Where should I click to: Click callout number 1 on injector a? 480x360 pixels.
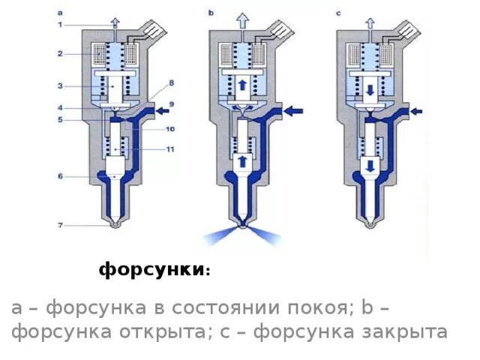pyautogui.click(x=60, y=25)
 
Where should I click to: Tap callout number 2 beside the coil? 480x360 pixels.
pyautogui.click(x=60, y=54)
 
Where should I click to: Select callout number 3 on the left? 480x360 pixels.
pyautogui.click(x=60, y=85)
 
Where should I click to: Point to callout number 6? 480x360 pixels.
pyautogui.click(x=60, y=176)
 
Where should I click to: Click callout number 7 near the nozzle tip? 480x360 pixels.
pyautogui.click(x=60, y=223)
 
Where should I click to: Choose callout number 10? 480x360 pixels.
pyautogui.click(x=170, y=128)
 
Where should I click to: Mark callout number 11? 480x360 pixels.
pyautogui.click(x=170, y=149)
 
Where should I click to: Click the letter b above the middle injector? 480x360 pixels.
pyautogui.click(x=211, y=13)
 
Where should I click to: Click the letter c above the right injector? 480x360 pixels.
pyautogui.click(x=338, y=13)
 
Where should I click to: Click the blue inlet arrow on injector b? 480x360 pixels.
pyautogui.click(x=295, y=110)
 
